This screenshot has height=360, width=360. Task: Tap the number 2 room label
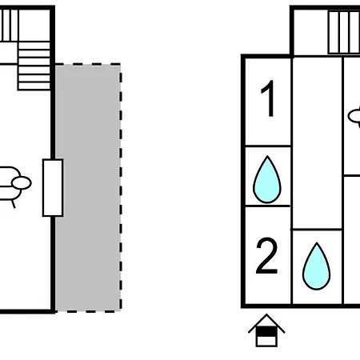pos(266,257)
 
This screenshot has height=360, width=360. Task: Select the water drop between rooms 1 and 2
pos(267,180)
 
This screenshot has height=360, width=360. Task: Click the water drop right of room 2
pos(317,266)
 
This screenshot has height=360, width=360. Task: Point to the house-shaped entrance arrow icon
pos(266,330)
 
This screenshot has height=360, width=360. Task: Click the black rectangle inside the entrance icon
pos(266,332)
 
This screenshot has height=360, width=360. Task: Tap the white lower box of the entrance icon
pos(266,341)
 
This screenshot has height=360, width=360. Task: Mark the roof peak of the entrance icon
pos(266,314)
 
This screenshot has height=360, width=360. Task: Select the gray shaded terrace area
pos(88,188)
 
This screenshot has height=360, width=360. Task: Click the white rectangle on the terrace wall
pos(53,188)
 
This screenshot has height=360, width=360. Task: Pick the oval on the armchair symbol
pos(22,183)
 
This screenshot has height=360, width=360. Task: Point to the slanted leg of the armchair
pos(13,204)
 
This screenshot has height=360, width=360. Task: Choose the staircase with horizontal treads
pos(34,66)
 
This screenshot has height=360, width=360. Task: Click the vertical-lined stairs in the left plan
pos(10,26)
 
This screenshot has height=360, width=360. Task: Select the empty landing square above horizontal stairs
pos(34,26)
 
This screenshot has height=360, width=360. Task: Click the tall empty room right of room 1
pos(317,143)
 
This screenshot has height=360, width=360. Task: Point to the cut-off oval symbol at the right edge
pos(354,116)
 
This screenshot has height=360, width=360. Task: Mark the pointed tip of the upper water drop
pos(267,156)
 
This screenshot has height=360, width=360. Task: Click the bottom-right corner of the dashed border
pos(121,311)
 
